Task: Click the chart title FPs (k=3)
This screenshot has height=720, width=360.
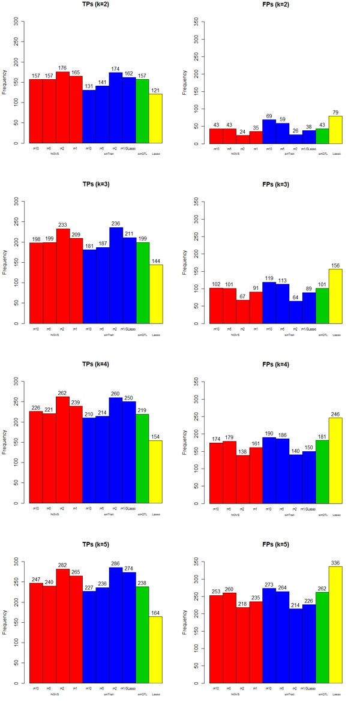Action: [275, 184]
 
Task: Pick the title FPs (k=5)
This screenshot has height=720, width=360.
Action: [275, 544]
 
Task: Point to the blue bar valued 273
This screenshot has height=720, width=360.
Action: [269, 635]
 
